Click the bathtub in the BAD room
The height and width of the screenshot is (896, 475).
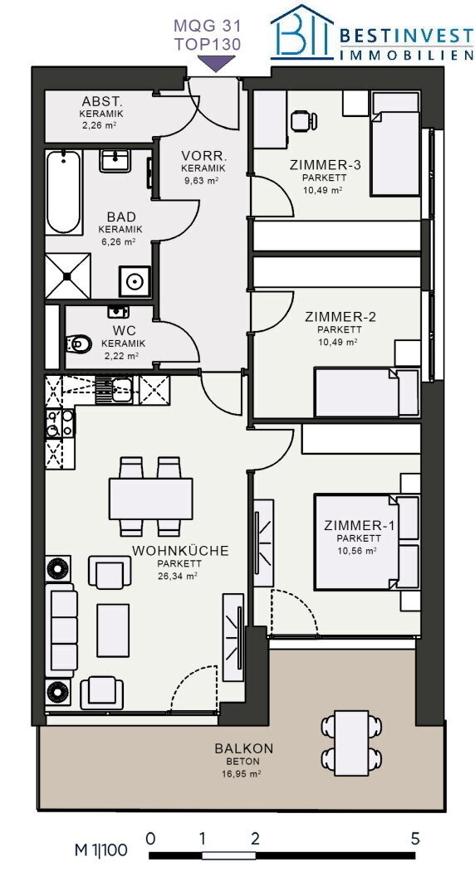(63, 192)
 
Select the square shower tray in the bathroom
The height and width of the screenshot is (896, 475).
(67, 276)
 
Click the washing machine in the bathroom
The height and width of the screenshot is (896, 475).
(135, 282)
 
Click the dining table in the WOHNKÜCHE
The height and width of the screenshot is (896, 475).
(150, 499)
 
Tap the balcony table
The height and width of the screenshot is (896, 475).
(351, 743)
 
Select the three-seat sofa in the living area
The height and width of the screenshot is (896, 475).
(61, 626)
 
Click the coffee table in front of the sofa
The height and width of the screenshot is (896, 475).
(113, 631)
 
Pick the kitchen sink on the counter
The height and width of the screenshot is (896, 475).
(114, 390)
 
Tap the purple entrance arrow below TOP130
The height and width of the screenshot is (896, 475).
(216, 63)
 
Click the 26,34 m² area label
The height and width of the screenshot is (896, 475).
(178, 577)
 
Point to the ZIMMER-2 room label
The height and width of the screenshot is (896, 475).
(340, 317)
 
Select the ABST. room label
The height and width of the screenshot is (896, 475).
(101, 102)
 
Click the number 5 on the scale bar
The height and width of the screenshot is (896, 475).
(415, 840)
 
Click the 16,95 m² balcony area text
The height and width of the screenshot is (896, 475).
(241, 775)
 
